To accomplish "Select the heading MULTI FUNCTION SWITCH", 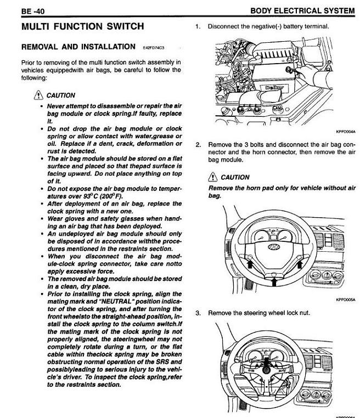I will (82, 26).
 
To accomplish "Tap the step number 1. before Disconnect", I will (198, 26).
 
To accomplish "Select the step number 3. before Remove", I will (198, 313).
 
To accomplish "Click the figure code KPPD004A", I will (345, 132).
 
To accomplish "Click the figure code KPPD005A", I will (345, 300).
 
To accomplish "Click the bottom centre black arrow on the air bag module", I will (274, 280).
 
